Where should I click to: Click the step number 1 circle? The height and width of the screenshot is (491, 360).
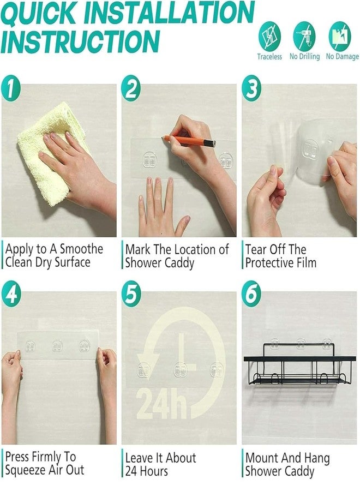tap(11, 88)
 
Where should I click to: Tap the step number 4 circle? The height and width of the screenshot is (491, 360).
tap(11, 295)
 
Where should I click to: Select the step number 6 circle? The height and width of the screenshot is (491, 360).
tap(251, 295)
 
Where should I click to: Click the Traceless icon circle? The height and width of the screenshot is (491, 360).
tap(269, 37)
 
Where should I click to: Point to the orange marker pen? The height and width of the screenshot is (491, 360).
tap(189, 141)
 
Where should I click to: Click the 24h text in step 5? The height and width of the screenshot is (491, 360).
tap(163, 403)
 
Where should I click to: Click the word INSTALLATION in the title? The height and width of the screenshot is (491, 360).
tap(169, 13)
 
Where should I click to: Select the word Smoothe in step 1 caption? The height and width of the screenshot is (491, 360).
tap(81, 249)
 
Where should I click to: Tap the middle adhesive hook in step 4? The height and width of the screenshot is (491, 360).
tap(57, 346)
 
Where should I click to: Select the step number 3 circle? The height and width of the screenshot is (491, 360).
tap(251, 88)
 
